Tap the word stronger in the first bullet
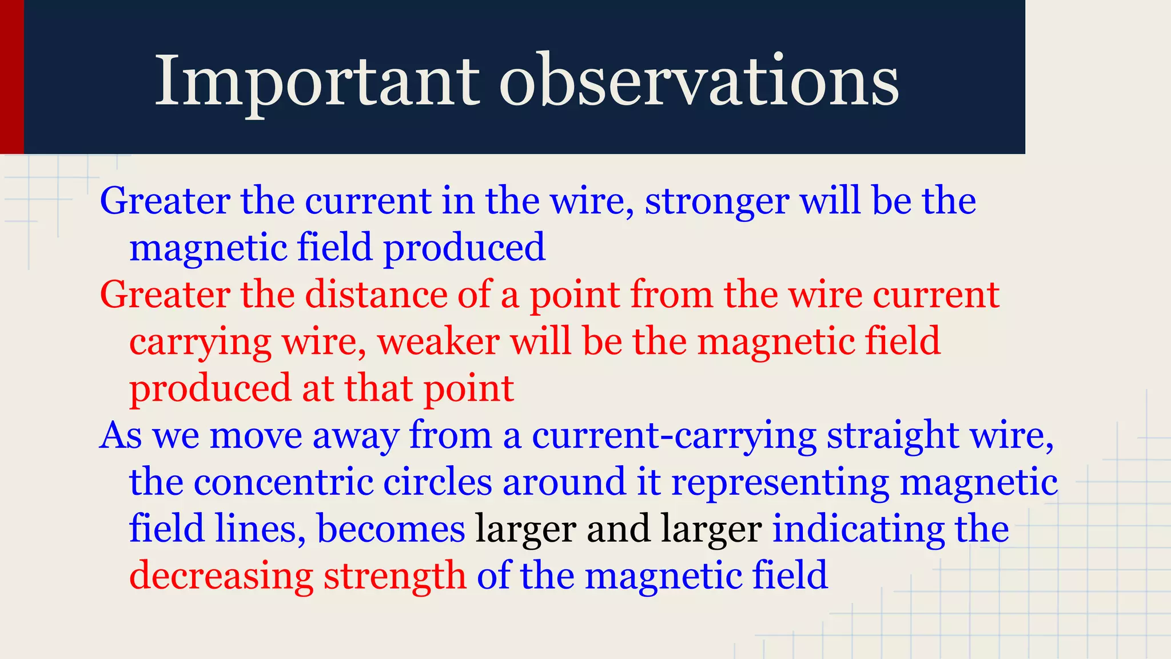717,202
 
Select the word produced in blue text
464,248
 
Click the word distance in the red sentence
376,295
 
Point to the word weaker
439,342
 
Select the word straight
893,436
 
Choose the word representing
780,483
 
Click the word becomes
391,529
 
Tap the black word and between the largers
618,529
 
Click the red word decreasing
221,576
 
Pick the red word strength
395,576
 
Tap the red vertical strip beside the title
11,77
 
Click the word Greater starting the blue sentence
165,202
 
